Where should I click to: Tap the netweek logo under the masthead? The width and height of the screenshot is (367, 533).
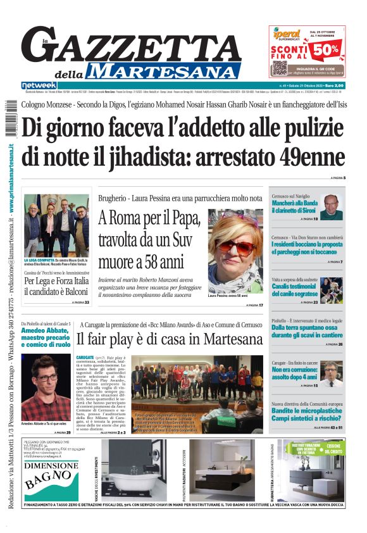coord(39,85)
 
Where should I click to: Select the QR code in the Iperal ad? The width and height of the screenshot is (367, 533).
coord(280,67)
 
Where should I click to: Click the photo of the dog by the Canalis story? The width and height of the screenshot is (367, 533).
coord(332,290)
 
